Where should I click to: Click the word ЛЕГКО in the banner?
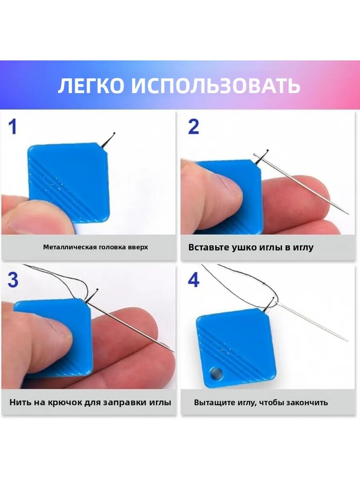click(x=92, y=86)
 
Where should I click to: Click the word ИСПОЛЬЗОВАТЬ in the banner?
click(x=216, y=86)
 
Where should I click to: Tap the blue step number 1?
click(x=13, y=127)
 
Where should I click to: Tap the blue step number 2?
click(x=194, y=127)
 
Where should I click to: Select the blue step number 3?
click(x=13, y=280)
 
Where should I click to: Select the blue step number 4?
click(x=194, y=280)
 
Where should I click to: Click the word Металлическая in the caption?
click(x=70, y=247)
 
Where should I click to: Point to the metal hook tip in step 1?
click(x=114, y=133)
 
